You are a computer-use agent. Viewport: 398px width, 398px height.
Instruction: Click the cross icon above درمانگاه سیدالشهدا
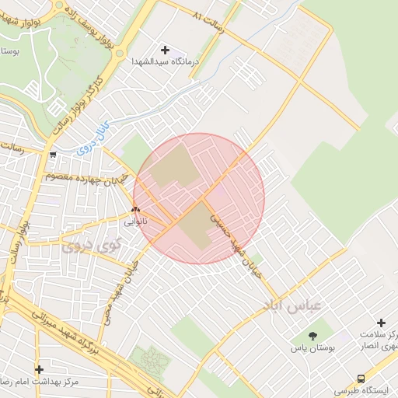click(x=164, y=50)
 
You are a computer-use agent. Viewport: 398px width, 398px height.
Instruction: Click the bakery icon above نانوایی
click(x=136, y=209)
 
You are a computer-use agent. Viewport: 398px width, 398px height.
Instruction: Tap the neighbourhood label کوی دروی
click(x=90, y=246)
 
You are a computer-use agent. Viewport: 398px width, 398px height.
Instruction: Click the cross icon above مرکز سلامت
click(x=381, y=323)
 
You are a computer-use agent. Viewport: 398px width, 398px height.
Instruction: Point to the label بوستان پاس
click(x=314, y=351)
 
